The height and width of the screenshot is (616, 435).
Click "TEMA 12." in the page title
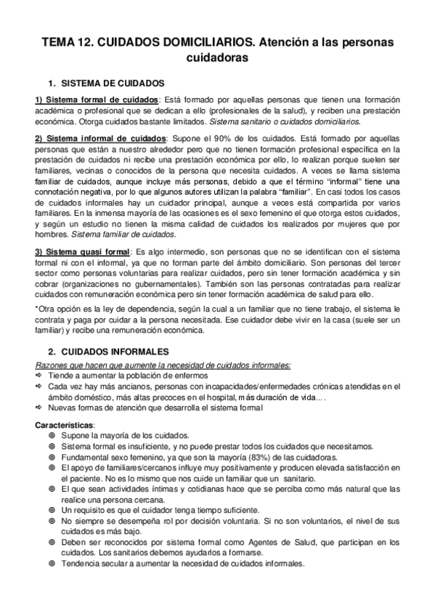point(66,44)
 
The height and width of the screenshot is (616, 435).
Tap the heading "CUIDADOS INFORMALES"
point(113,352)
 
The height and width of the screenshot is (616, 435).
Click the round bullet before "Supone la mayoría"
point(52,435)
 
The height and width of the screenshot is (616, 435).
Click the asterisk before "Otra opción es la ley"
point(36,309)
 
